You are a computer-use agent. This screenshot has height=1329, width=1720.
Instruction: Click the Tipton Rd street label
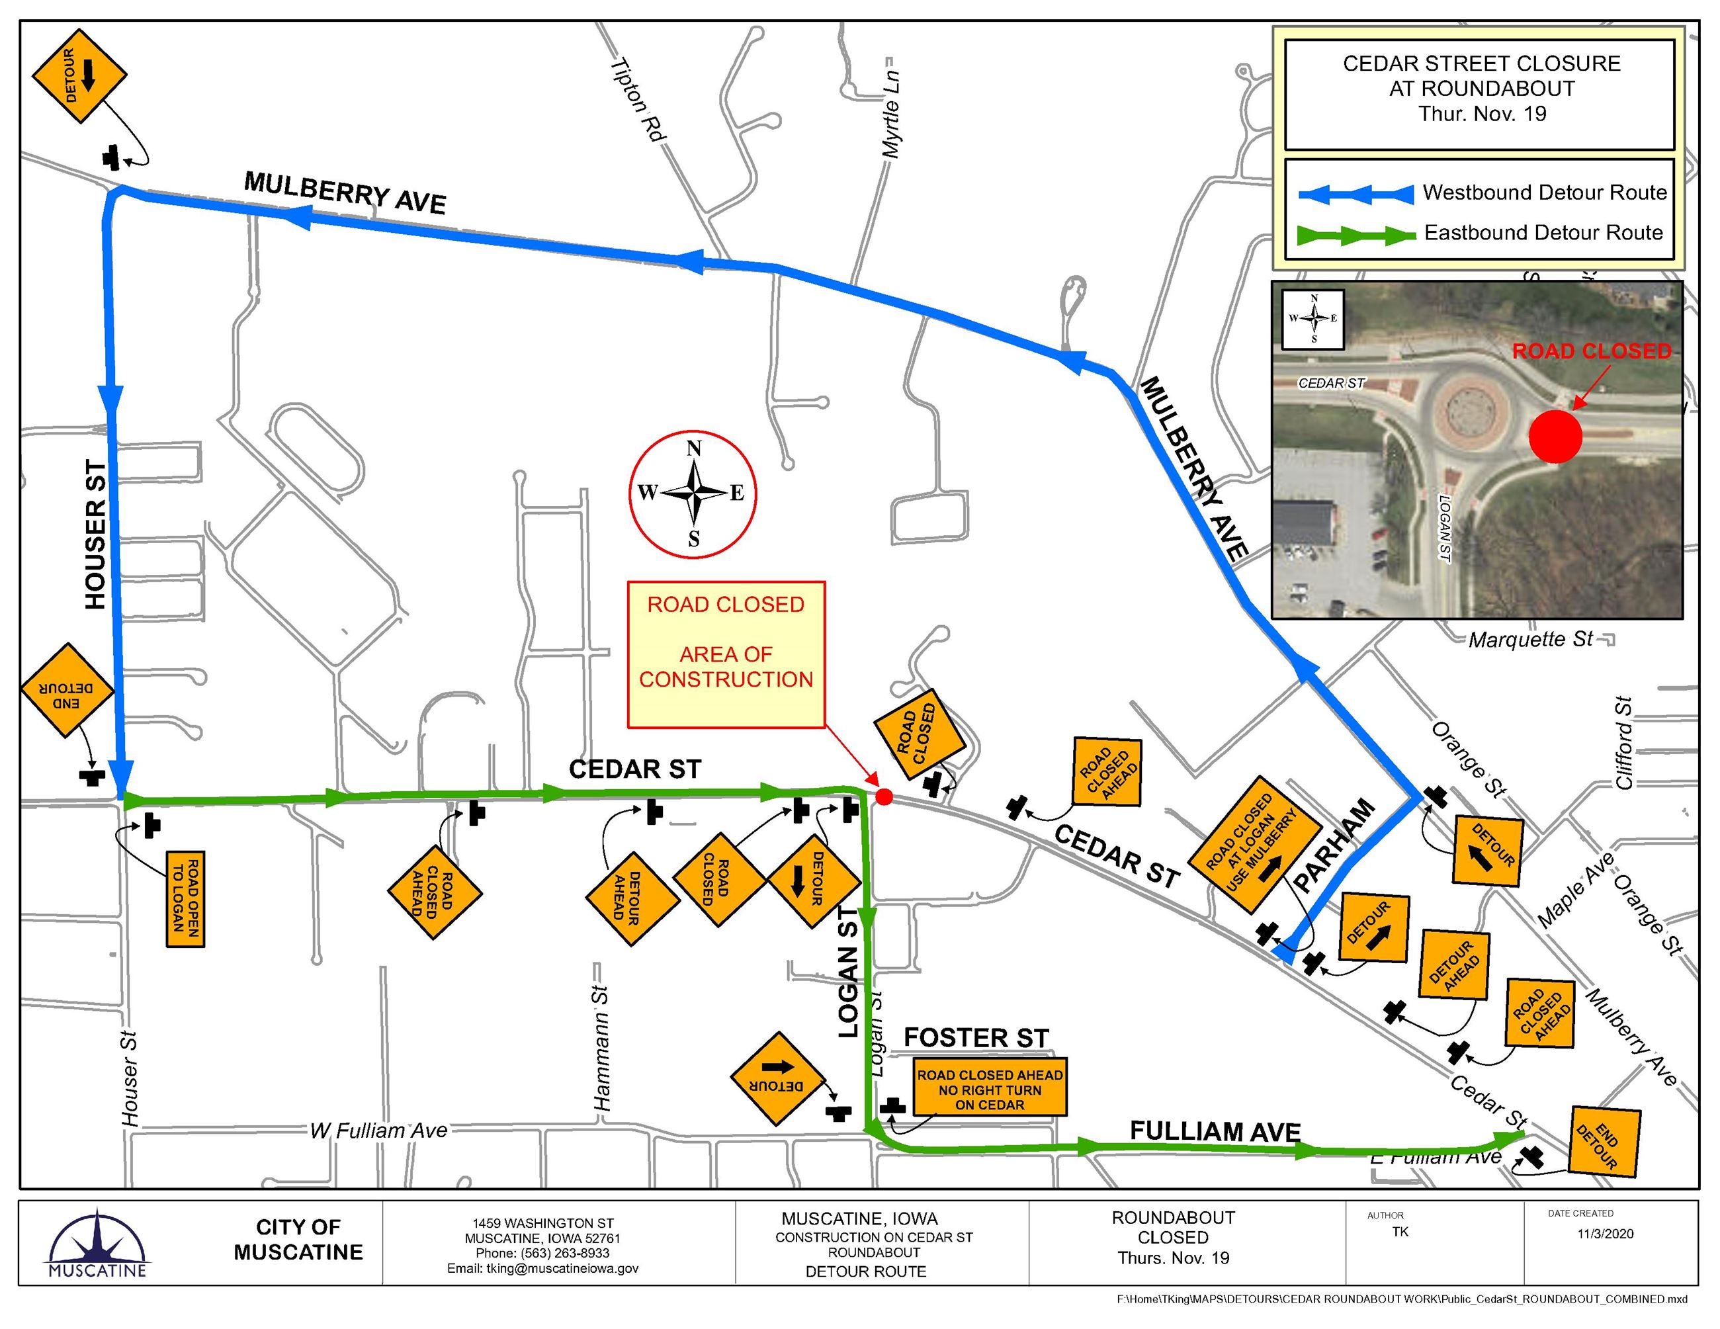click(x=638, y=100)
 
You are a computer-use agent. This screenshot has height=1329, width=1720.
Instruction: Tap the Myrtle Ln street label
click(x=890, y=112)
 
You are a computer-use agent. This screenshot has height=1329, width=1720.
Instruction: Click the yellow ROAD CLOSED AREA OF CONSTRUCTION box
click(x=725, y=654)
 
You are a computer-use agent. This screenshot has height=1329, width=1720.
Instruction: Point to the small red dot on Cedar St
click(x=884, y=798)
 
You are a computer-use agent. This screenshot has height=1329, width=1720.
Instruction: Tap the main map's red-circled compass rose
click(x=693, y=493)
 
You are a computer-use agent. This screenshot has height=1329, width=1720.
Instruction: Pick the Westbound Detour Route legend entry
click(x=1481, y=194)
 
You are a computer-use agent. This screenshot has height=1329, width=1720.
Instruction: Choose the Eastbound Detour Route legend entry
click(x=1481, y=234)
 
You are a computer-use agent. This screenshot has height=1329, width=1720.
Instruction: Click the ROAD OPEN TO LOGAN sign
click(x=186, y=898)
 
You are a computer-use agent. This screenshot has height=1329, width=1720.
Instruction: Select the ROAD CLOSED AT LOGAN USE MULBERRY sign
click(x=1254, y=844)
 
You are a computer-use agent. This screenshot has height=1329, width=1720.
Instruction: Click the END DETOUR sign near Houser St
click(x=67, y=691)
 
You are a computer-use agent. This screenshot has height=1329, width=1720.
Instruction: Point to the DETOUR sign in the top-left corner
click(x=79, y=76)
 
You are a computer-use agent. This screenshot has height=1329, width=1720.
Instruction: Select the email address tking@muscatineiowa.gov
click(x=542, y=1268)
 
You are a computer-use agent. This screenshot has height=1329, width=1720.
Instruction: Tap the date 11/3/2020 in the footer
click(x=1604, y=1234)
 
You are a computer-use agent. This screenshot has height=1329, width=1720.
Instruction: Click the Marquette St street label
click(x=1530, y=639)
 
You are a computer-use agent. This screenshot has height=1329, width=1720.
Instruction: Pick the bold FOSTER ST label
click(x=976, y=1039)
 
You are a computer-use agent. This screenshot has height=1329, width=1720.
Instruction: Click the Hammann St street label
click(x=602, y=1048)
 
